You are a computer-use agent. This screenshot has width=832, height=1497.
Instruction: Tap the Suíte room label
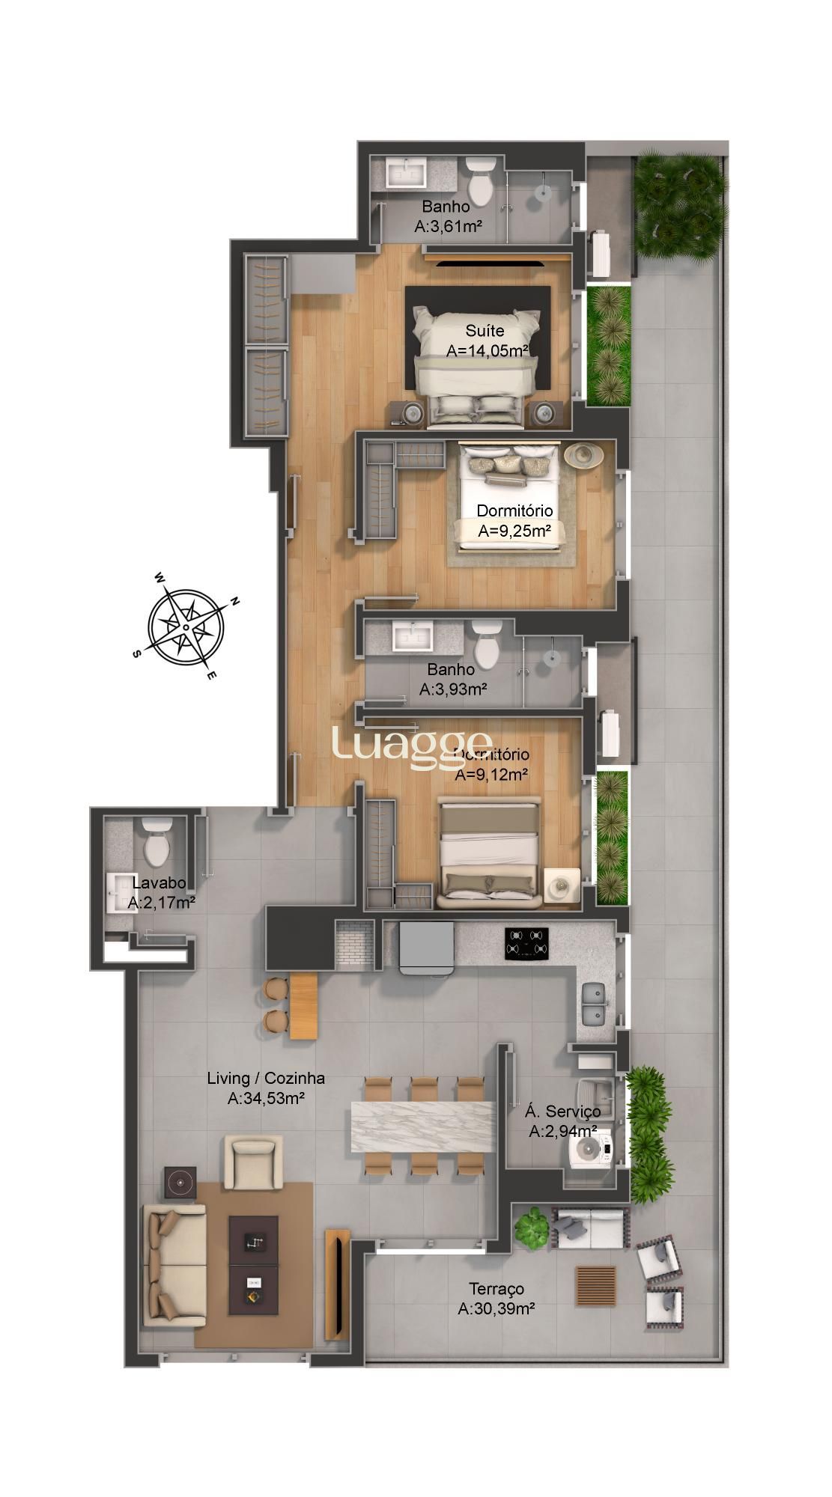485,331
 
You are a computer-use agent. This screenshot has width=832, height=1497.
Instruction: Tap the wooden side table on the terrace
596,1285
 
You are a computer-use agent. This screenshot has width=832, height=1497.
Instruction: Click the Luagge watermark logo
412,749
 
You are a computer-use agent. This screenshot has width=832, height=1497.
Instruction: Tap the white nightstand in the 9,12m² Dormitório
562,887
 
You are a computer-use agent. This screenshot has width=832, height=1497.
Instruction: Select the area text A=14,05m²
488,350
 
